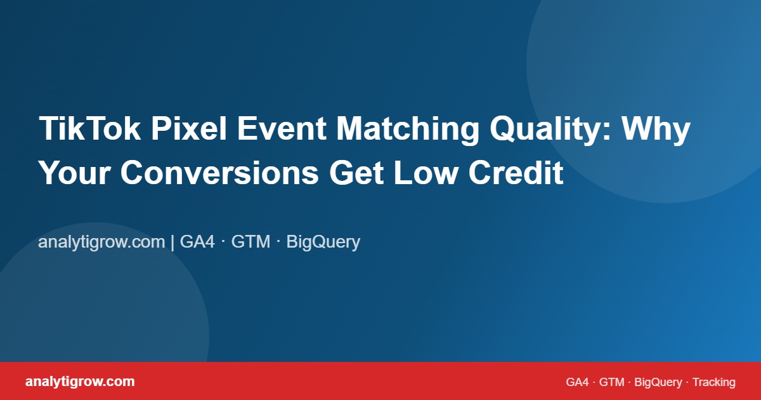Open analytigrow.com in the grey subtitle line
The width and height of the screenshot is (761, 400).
[x=101, y=242]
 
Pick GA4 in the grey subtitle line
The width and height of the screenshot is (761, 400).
[x=198, y=242]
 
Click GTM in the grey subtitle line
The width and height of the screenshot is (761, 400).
[x=250, y=242]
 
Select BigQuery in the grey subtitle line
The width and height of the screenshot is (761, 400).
[x=323, y=242]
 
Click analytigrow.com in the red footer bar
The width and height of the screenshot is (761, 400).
[x=80, y=382]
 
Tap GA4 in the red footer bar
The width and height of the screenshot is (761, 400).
[x=578, y=382]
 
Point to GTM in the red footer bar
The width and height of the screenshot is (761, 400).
[x=612, y=382]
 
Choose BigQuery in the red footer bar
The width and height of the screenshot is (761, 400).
[x=658, y=382]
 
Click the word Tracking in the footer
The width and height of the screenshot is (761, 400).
[x=714, y=382]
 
